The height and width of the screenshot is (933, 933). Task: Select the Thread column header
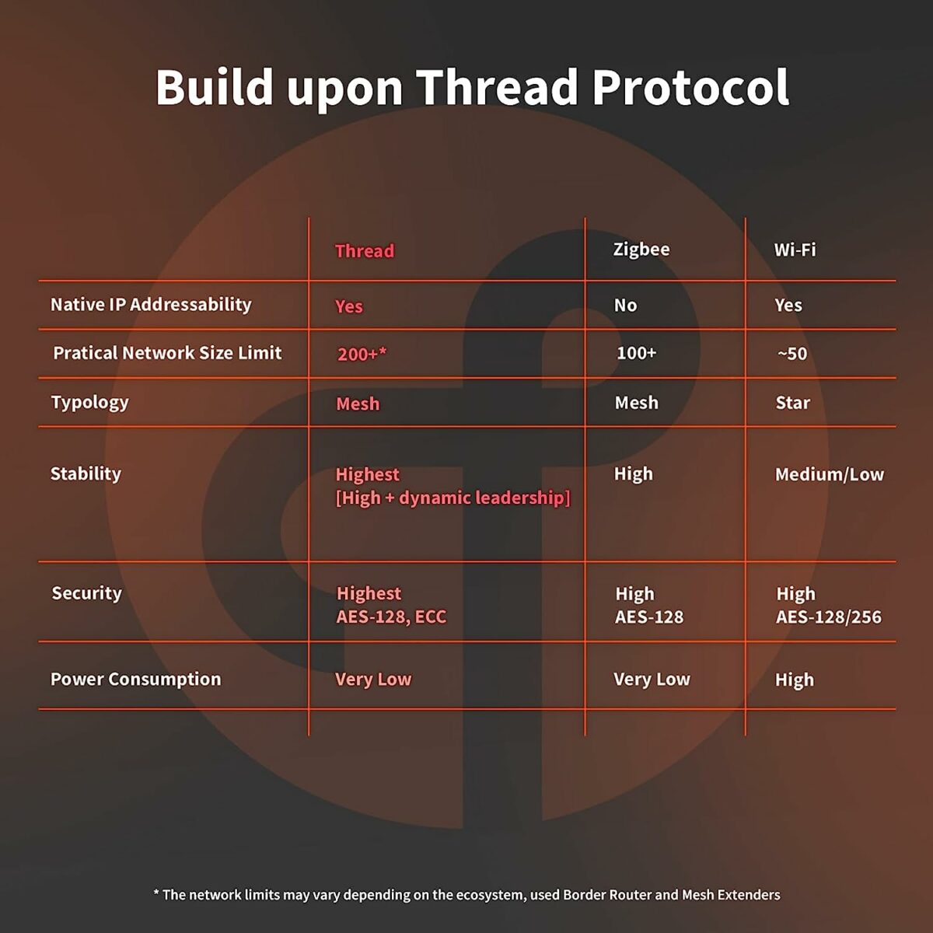pyautogui.click(x=365, y=251)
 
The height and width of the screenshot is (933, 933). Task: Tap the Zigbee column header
pyautogui.click(x=641, y=250)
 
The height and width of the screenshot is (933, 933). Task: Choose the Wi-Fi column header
pyautogui.click(x=795, y=250)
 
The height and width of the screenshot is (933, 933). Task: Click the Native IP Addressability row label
pyautogui.click(x=151, y=305)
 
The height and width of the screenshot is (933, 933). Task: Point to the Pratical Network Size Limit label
pyautogui.click(x=167, y=353)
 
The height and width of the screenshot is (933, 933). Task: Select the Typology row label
pyautogui.click(x=89, y=403)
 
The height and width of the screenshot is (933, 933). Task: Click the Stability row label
pyautogui.click(x=86, y=473)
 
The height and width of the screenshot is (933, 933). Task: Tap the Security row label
pyautogui.click(x=86, y=593)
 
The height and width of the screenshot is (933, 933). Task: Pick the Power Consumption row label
pyautogui.click(x=135, y=680)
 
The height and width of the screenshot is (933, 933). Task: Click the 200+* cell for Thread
pyautogui.click(x=362, y=355)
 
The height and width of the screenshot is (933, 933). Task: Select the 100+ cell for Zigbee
pyautogui.click(x=636, y=353)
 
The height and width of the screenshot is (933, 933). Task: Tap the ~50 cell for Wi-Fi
pyautogui.click(x=792, y=354)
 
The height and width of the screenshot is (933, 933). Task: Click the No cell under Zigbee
pyautogui.click(x=625, y=306)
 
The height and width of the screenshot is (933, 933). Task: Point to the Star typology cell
pyautogui.click(x=792, y=403)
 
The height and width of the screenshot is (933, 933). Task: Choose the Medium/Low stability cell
pyautogui.click(x=829, y=474)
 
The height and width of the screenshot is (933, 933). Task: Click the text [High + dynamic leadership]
pyautogui.click(x=453, y=498)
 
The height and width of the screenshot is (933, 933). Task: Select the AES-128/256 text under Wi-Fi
pyautogui.click(x=828, y=617)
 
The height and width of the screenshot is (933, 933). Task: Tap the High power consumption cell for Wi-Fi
pyautogui.click(x=794, y=680)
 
